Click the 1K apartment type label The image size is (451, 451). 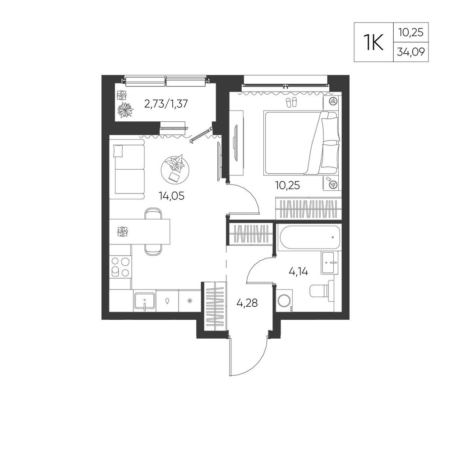click(373, 42)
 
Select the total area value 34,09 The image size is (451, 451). click(411, 52)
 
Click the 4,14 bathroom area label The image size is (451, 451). click(298, 271)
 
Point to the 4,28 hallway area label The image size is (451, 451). click(247, 303)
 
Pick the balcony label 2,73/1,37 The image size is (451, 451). click(166, 104)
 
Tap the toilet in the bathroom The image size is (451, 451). click(322, 291)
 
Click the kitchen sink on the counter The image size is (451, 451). click(144, 301)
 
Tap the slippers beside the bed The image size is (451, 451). click(291, 102)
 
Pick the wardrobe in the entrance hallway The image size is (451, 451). click(215, 306)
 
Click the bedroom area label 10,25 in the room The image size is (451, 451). click(287, 185)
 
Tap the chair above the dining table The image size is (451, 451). click(153, 213)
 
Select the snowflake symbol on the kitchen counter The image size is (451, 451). click(189, 301)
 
